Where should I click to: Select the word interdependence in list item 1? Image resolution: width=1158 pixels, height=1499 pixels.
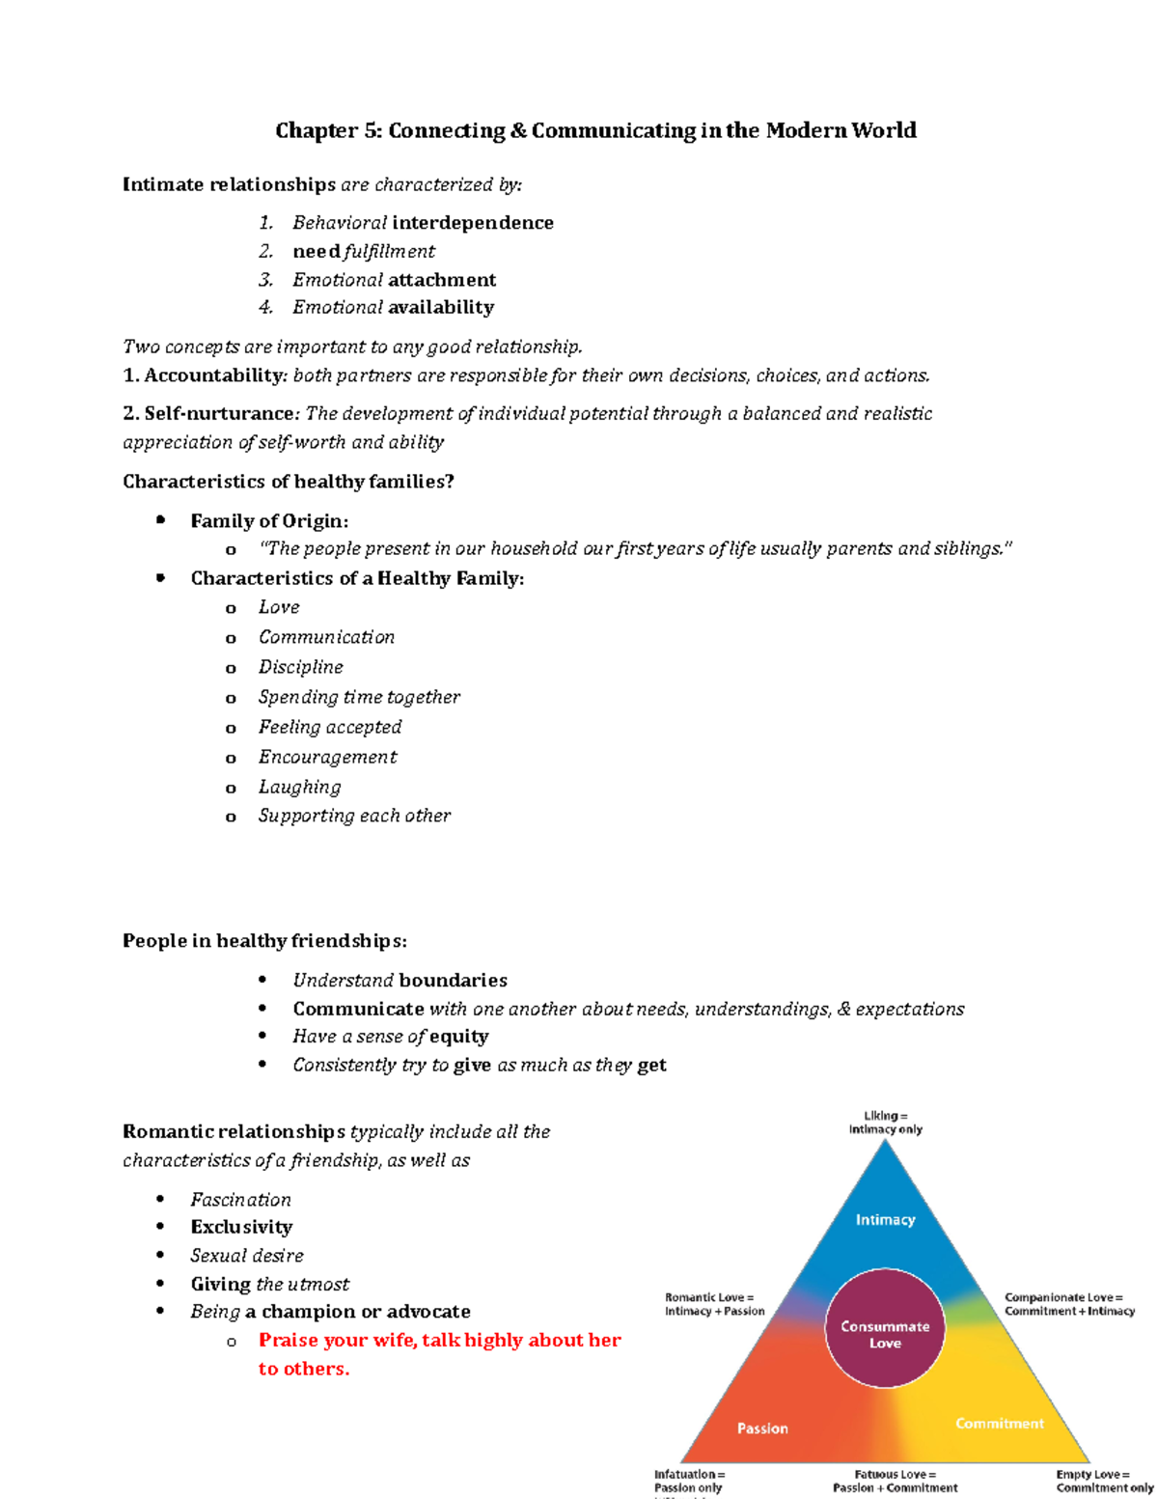(473, 223)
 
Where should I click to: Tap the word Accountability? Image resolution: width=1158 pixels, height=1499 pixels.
(214, 375)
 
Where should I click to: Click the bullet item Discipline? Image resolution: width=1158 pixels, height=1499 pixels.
(300, 667)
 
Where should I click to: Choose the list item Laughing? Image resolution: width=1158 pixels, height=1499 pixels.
(299, 787)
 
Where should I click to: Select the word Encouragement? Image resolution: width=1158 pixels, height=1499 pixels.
(327, 757)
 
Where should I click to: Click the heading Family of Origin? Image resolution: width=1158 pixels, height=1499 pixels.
(268, 521)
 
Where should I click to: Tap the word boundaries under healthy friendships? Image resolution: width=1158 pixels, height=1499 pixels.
(453, 981)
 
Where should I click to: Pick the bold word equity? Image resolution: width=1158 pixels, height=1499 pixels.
(458, 1037)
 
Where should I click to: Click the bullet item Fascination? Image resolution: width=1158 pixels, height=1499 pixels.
(240, 1200)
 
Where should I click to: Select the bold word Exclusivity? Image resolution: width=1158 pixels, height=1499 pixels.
(241, 1227)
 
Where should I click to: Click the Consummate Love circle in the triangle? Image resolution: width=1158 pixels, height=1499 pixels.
(885, 1334)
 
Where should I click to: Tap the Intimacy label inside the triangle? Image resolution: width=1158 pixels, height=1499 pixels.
(885, 1220)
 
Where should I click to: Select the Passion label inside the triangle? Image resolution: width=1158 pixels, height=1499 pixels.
(762, 1429)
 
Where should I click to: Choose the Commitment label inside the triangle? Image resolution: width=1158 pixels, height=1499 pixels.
(1000, 1424)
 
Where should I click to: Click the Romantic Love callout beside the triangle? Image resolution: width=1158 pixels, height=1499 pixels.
(714, 1304)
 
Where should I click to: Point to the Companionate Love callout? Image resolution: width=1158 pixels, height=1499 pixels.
(1069, 1304)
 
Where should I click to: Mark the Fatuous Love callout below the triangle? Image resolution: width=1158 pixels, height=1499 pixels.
(895, 1481)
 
